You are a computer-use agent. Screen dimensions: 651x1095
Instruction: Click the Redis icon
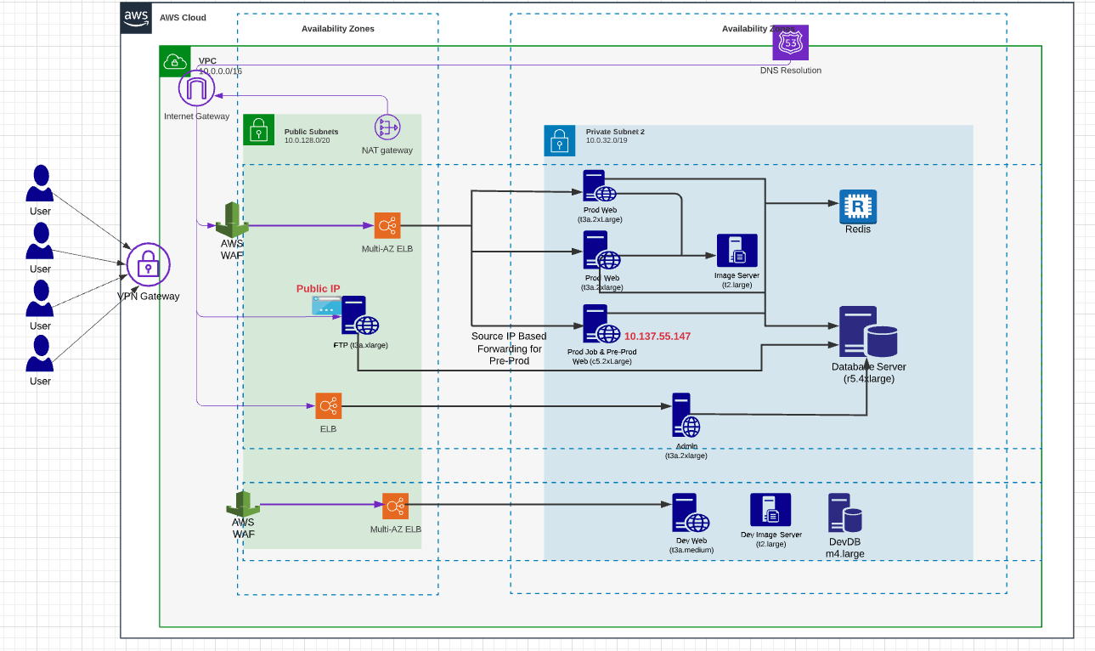pyautogui.click(x=858, y=207)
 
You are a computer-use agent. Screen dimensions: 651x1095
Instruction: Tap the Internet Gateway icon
pyautogui.click(x=196, y=89)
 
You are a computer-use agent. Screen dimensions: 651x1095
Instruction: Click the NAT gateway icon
pyautogui.click(x=387, y=127)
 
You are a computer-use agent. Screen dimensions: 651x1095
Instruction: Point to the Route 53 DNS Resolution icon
pyautogui.click(x=790, y=42)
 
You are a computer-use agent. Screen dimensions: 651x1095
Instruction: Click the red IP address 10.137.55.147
pyautogui.click(x=658, y=337)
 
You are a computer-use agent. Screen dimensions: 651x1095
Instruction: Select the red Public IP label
pyautogui.click(x=318, y=289)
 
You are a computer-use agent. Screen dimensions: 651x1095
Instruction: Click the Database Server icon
pyautogui.click(x=867, y=332)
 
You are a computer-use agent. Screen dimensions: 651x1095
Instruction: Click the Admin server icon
pyautogui.click(x=686, y=416)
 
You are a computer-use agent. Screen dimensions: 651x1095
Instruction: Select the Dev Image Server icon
pyautogui.click(x=770, y=510)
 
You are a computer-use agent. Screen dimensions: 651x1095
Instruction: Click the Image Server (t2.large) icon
pyautogui.click(x=736, y=252)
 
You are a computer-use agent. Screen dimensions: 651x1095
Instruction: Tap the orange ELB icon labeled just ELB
pyautogui.click(x=328, y=406)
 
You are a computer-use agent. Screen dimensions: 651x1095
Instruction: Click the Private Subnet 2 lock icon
pyautogui.click(x=559, y=141)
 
